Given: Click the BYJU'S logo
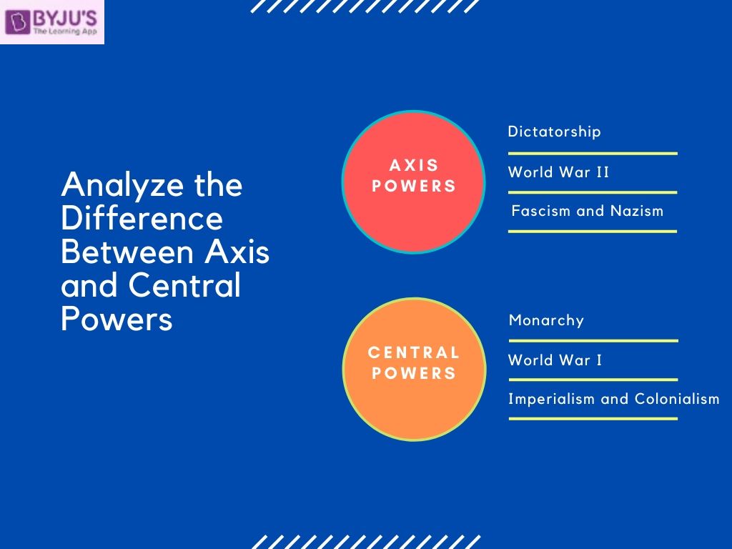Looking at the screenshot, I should coord(51,22).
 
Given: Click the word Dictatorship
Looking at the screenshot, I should coord(554,132).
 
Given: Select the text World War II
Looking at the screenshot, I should coord(558,172).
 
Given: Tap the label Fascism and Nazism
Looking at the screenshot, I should coord(588,211).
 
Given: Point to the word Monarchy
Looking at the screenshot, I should coord(546,320).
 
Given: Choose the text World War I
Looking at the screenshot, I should coord(555,360).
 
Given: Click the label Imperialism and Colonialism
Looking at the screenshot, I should coord(613,399).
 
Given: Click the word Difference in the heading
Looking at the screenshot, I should coord(142,219).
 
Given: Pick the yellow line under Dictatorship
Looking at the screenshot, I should coord(593,153).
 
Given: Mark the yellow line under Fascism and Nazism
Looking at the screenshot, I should coord(593,231).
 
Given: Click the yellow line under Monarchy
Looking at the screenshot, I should coord(593,341).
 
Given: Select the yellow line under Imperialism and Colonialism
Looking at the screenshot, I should coord(593,418).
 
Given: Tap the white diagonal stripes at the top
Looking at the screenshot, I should coord(365,6).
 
